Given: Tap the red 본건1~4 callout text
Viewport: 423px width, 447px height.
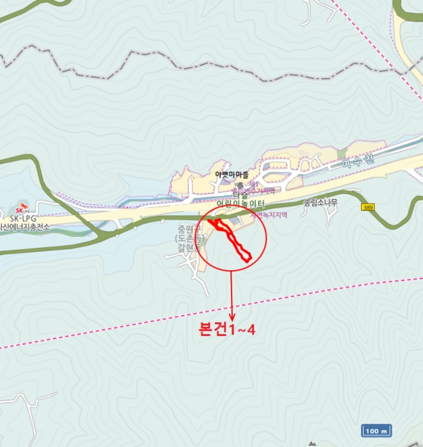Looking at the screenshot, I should tap(227, 330).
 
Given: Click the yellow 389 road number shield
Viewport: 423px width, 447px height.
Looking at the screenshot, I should tap(368, 207).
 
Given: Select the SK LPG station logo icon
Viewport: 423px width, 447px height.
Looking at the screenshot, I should tap(22, 209).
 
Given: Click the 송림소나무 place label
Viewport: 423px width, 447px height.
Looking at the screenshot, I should tap(320, 203).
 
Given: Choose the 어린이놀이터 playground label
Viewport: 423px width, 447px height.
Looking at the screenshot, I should tap(241, 204).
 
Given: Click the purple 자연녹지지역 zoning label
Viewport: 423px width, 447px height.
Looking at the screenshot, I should tap(269, 215).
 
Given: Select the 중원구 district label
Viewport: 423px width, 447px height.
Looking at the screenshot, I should tap(189, 229).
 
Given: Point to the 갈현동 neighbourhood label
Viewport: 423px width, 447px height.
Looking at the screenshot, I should tap(189, 247).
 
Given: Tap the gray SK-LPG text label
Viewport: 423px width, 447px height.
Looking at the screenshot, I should tap(23, 218).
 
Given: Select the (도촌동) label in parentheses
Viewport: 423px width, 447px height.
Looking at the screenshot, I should tap(189, 238).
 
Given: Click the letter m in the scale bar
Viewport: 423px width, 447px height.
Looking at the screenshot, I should tap(384, 430).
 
